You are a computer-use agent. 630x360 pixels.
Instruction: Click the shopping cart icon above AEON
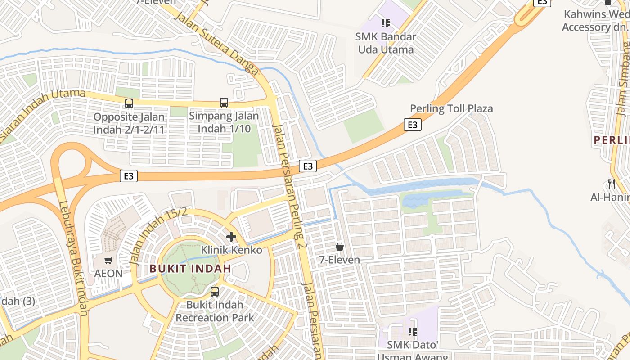coord(108,260)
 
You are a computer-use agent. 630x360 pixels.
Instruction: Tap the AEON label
coord(108,273)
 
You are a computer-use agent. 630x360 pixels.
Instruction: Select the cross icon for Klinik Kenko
coord(231,237)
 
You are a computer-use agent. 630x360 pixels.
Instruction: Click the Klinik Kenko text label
coord(231,250)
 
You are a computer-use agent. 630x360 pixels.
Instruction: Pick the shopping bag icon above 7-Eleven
coord(340,247)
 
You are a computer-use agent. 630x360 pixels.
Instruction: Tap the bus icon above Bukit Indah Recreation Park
coord(215,291)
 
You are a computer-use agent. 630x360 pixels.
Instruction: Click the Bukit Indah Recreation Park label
coord(215,311)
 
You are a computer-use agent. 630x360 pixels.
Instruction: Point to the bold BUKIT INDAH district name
coord(190,269)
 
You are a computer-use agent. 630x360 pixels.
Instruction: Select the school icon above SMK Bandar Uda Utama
coord(385,23)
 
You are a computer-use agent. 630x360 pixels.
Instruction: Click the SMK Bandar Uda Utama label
coord(386,43)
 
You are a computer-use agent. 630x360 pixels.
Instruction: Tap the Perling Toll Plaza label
coord(451,108)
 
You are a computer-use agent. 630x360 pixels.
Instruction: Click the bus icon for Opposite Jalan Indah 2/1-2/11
coord(129,103)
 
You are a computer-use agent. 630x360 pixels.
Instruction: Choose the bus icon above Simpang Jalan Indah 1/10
coord(224,102)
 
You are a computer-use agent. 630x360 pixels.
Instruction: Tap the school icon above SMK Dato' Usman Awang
coord(412,332)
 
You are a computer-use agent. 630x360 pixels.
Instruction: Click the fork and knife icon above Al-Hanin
coord(611,184)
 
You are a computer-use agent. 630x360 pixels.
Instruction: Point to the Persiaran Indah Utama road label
coord(40,112)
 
